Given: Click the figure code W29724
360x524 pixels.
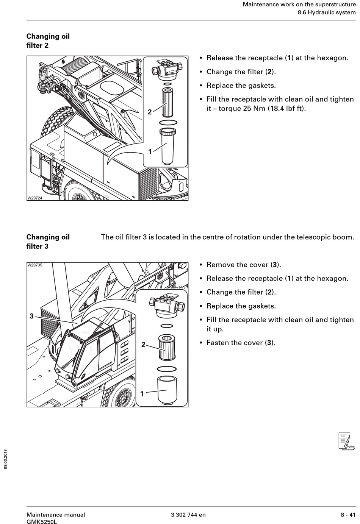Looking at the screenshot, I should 34,198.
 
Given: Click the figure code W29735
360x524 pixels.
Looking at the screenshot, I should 34,265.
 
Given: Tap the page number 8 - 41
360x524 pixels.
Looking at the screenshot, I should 348,515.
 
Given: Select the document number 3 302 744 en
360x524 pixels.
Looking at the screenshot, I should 188,515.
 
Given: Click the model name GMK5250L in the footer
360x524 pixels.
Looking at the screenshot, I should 41,522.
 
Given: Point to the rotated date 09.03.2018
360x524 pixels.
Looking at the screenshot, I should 6,459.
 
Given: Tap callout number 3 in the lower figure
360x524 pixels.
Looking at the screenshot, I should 32,316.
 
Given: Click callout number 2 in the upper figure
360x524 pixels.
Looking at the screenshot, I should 150,112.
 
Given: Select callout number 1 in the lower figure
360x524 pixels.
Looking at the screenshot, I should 142,394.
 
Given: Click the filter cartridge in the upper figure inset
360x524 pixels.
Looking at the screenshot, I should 167,102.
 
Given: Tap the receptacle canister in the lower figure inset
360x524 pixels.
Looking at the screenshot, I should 167,390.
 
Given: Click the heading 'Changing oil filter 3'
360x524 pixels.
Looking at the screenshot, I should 48,242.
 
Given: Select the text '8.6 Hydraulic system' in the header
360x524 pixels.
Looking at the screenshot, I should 326,12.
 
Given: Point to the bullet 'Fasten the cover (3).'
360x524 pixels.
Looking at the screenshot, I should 241,343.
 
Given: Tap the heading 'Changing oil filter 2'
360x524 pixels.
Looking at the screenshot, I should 48,41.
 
